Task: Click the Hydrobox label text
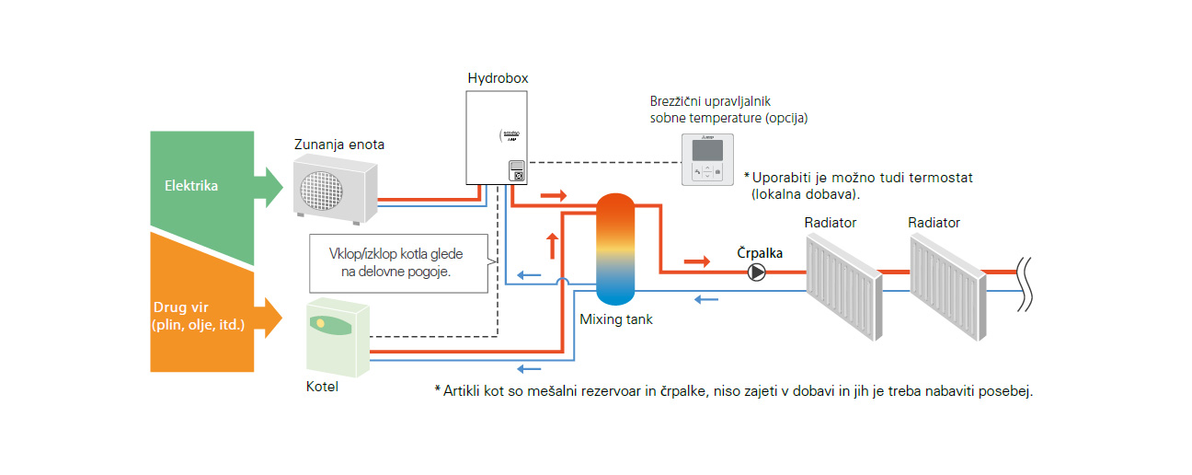coord(498,79)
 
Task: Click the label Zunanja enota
coord(339,145)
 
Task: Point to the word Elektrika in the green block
coord(191,186)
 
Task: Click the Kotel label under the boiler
coord(322,387)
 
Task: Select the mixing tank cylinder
coord(615,249)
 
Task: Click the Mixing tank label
coord(615,319)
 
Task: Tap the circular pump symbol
coord(756,272)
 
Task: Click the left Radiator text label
coord(830,223)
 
